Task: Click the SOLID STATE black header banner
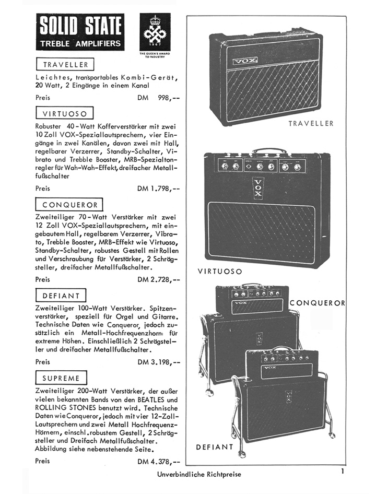[x=80, y=32]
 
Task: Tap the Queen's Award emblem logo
[x=155, y=32]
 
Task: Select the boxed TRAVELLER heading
[x=65, y=64]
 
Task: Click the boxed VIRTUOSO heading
[x=65, y=113]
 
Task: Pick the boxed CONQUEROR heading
[x=69, y=205]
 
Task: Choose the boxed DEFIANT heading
[x=61, y=296]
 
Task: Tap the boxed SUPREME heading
[x=61, y=378]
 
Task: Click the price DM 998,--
[x=159, y=98]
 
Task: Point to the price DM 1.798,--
[x=159, y=189]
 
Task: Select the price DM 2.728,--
[x=159, y=279]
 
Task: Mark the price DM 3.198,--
[x=159, y=362]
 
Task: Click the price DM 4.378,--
[x=159, y=462]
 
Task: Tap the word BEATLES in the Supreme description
[x=151, y=399]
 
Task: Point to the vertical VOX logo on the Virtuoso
[x=258, y=189]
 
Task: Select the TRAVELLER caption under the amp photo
[x=311, y=123]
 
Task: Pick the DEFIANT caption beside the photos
[x=215, y=447]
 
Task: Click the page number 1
[x=342, y=472]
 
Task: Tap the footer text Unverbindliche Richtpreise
[x=199, y=474]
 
